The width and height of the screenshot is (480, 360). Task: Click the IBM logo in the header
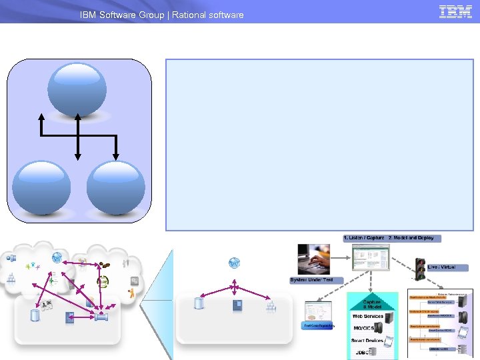coord(456,11)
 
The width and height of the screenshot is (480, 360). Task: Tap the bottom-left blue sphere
coord(41,187)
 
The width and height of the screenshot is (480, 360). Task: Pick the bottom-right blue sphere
coord(115,187)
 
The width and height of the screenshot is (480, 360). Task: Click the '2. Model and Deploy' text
coord(411,238)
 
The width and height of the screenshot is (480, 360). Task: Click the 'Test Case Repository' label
coord(319,326)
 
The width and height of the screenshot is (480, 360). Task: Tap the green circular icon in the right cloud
coord(103,281)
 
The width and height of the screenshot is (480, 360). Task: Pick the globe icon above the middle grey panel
coord(234,263)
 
